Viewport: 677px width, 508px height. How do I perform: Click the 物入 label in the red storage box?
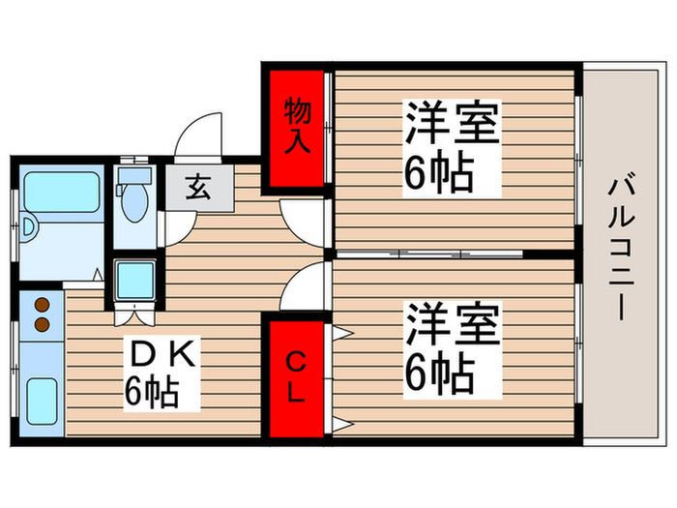[x=296, y=126]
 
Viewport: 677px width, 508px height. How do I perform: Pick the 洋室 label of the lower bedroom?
[x=452, y=323]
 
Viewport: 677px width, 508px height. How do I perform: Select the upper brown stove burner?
[x=43, y=305]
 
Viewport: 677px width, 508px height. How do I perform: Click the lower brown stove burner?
[x=43, y=324]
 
